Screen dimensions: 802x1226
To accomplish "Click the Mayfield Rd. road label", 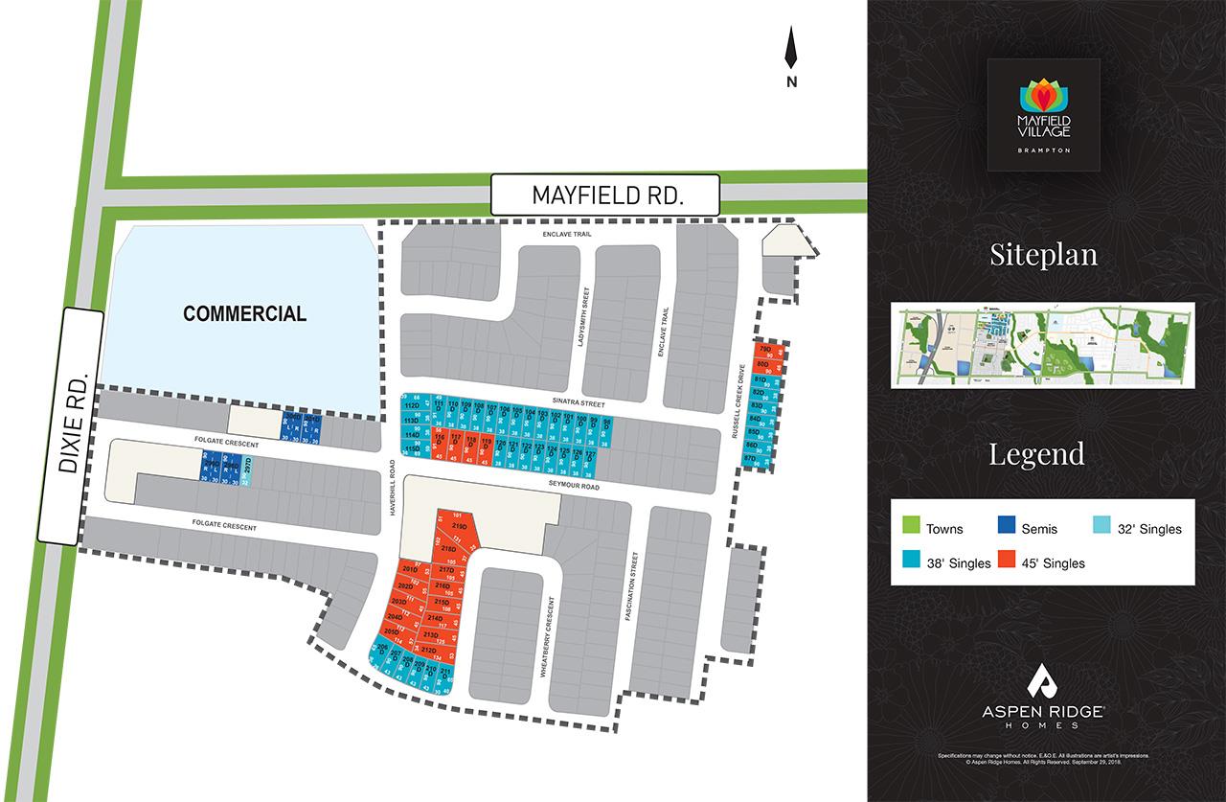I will pos(605,195).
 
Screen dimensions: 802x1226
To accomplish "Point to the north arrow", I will pos(791,53).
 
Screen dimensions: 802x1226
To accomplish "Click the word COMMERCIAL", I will pos(245,313).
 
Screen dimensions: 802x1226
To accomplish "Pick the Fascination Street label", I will pos(633,586).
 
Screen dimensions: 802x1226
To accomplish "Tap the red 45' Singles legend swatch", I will pos(1007,561).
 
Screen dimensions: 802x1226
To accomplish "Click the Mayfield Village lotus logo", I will pos(1043,95).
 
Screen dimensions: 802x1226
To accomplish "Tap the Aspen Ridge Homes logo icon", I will pos(1043,681).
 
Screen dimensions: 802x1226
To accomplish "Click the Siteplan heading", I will pos(1043,255).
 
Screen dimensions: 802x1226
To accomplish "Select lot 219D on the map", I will pos(459,528).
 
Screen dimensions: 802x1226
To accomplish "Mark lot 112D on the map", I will pos(412,405).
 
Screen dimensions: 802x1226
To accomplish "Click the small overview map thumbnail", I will pos(1043,345).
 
